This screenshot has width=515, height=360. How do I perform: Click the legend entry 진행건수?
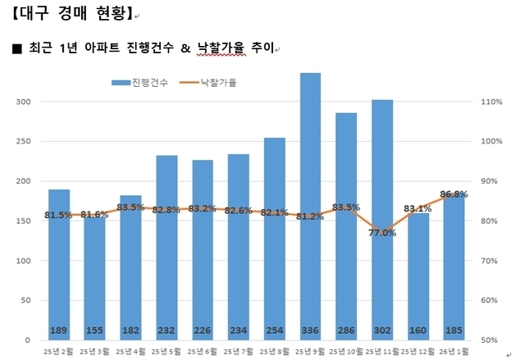click(x=140, y=84)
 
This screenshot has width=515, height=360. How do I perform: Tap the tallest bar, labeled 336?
click(x=310, y=205)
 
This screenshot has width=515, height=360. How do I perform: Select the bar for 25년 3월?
click(x=95, y=279)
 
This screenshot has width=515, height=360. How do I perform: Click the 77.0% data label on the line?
click(x=382, y=233)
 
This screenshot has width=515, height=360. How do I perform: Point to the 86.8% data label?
click(x=453, y=194)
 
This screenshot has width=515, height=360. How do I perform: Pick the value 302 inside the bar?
click(x=381, y=331)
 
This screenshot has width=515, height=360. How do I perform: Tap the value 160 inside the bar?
click(x=417, y=331)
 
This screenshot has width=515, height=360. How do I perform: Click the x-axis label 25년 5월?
click(x=167, y=352)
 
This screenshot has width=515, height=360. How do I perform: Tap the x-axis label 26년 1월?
click(x=454, y=352)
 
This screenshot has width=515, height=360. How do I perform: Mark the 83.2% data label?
click(x=203, y=209)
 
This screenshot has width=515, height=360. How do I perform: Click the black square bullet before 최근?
click(x=17, y=49)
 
